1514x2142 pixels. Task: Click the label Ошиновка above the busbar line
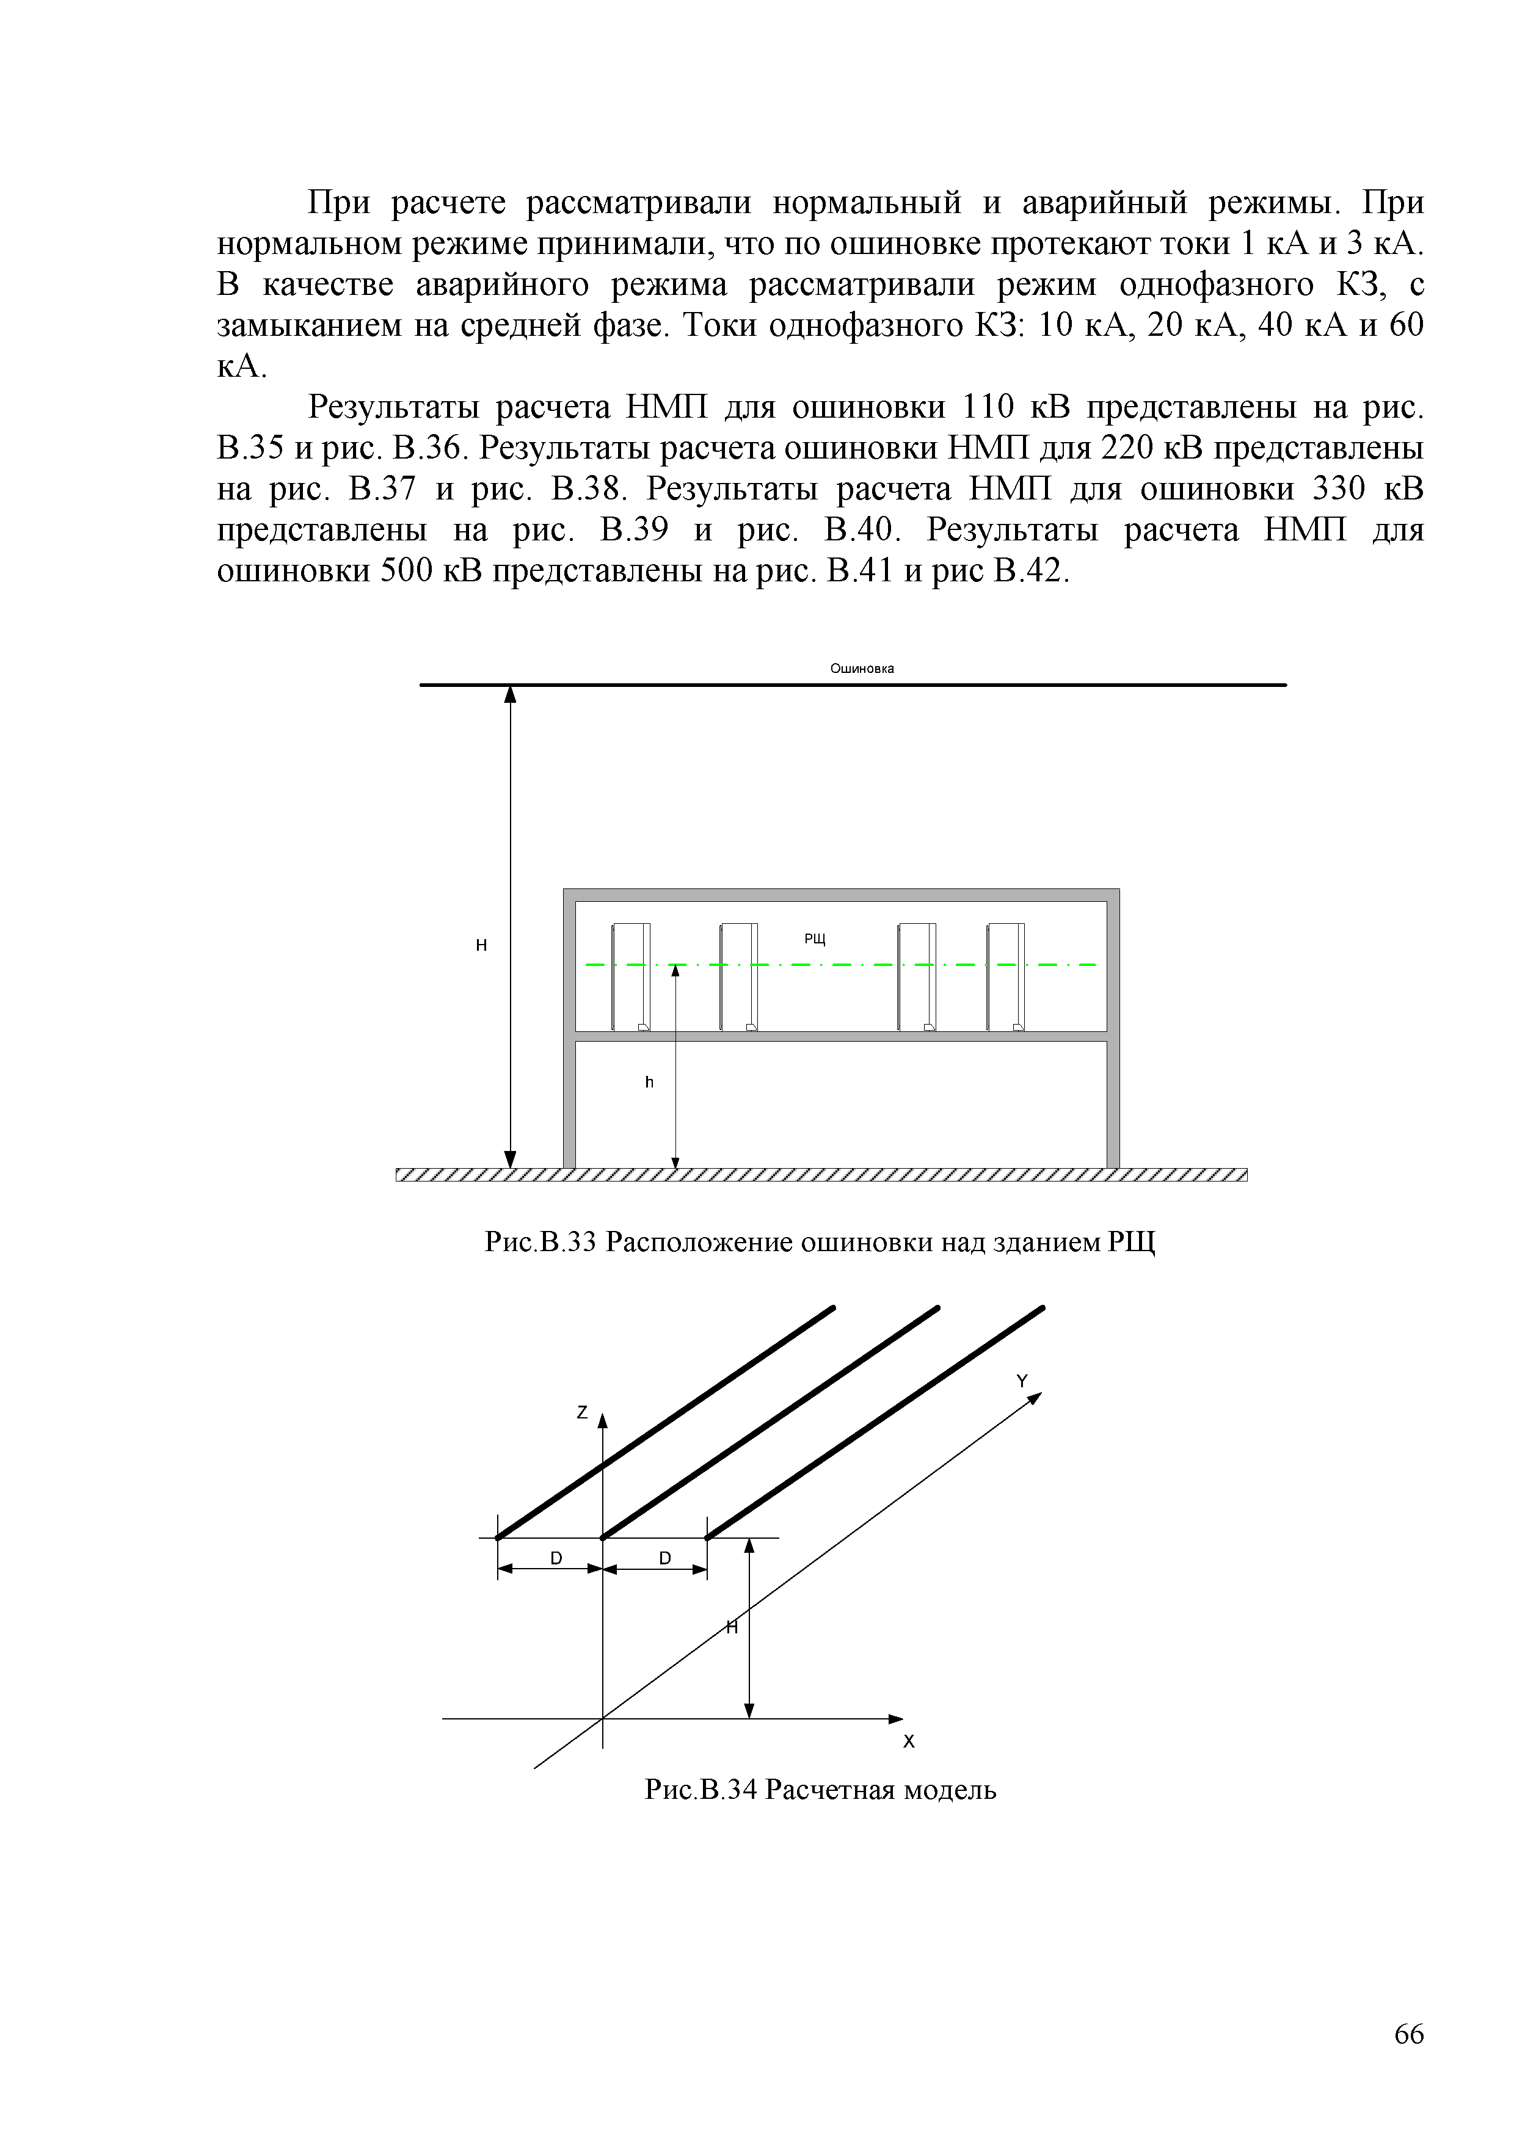pos(862,668)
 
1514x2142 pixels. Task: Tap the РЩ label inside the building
pos(815,938)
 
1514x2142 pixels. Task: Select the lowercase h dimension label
pos(649,1082)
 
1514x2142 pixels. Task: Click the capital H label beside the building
pos(481,945)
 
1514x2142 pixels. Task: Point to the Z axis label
pos(582,1412)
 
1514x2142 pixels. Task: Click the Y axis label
pos(1022,1381)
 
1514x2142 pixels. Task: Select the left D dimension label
pos(556,1558)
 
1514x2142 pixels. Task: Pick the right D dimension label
pos(665,1558)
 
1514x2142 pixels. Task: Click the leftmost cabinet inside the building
pos(631,977)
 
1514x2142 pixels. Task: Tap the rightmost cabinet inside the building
pos(1006,977)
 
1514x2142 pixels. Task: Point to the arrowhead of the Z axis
pos(603,1421)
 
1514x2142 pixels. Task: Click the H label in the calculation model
pos(732,1628)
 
